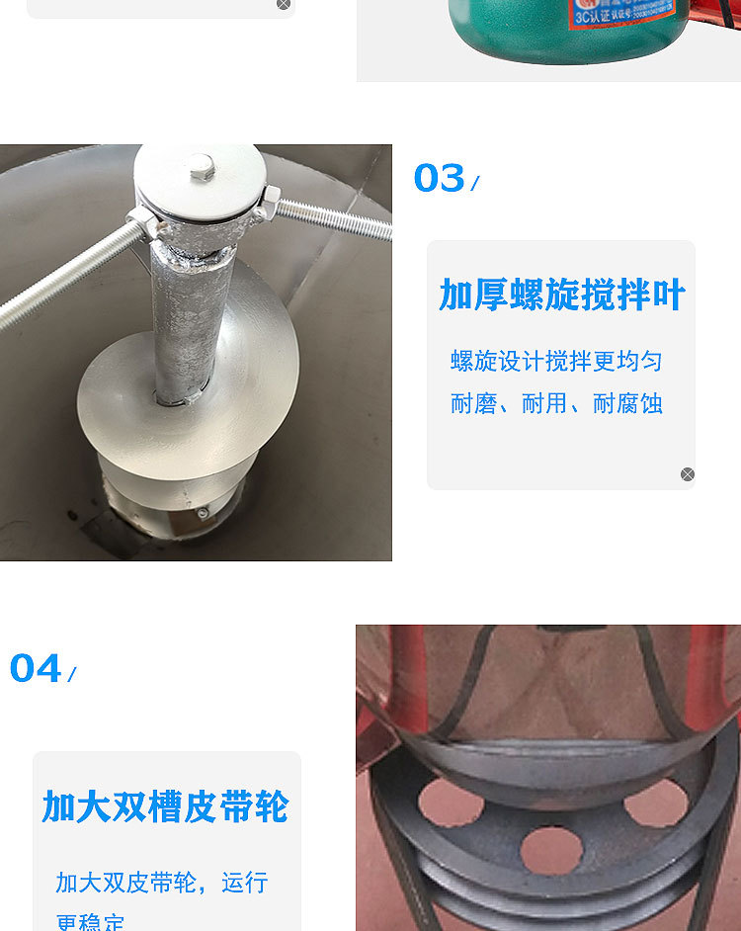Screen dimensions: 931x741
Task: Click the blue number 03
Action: point(439,179)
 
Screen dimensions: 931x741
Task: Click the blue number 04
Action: point(36,669)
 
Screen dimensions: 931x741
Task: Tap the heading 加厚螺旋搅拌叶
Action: point(562,296)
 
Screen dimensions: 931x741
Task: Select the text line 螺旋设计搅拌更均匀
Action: point(556,362)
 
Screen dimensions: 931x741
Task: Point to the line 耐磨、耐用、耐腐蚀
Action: point(556,403)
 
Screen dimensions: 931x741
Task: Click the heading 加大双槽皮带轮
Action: point(165,807)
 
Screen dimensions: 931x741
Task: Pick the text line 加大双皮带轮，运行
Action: point(162,882)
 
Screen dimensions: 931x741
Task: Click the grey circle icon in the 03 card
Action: point(688,474)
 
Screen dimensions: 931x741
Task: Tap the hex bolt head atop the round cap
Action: point(203,165)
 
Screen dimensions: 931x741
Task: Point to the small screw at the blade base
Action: point(204,513)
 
